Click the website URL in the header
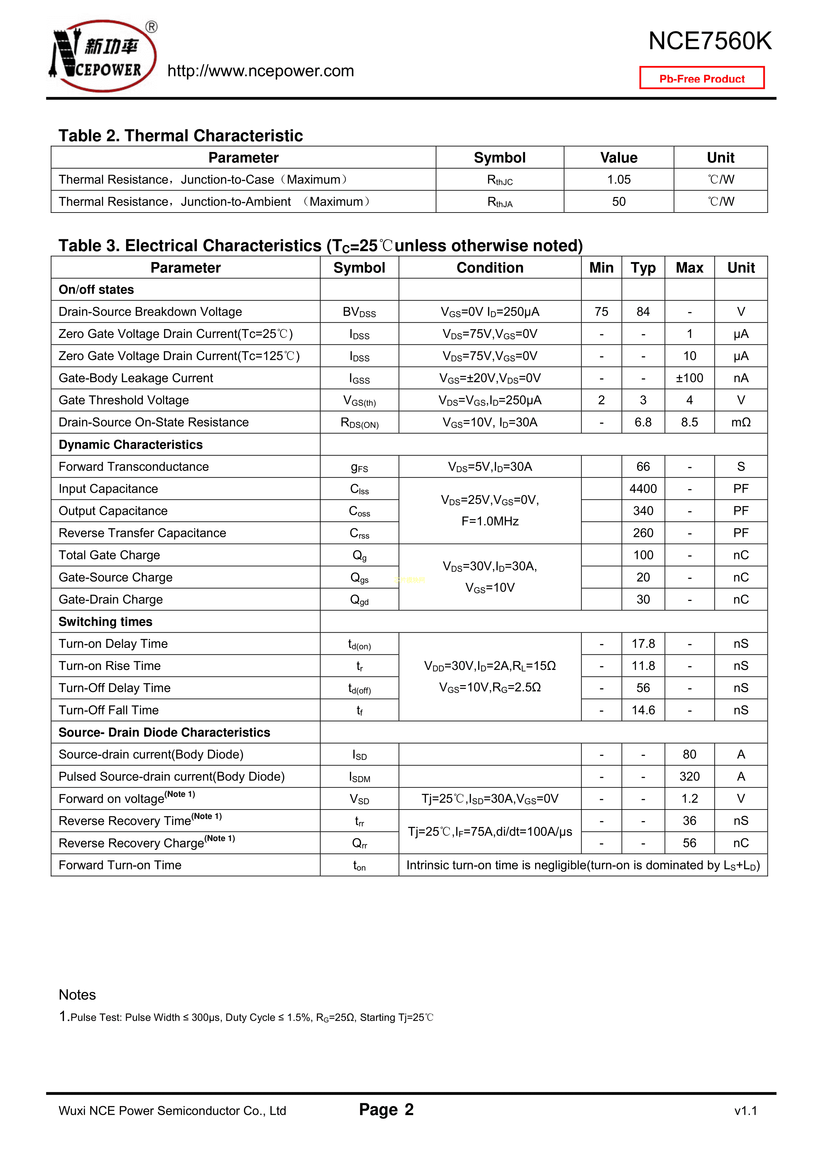click(x=260, y=71)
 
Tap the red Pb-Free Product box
click(x=701, y=78)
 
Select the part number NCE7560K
click(x=709, y=41)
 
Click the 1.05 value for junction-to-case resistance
click(x=619, y=180)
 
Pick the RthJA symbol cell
click(x=499, y=202)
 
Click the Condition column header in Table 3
click(x=490, y=268)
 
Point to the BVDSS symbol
click(x=359, y=312)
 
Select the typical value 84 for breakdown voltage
click(x=643, y=312)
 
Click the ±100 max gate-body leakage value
click(x=689, y=378)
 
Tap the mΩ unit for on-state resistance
click(x=740, y=423)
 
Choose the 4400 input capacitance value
click(x=643, y=489)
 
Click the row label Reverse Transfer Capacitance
click(x=142, y=533)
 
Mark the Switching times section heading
click(x=105, y=622)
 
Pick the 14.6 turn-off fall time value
click(x=643, y=710)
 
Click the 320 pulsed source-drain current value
click(x=689, y=777)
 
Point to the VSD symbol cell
click(x=359, y=799)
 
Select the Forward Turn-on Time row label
click(x=120, y=866)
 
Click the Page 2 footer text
click(x=386, y=1109)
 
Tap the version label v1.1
click(x=745, y=1110)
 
